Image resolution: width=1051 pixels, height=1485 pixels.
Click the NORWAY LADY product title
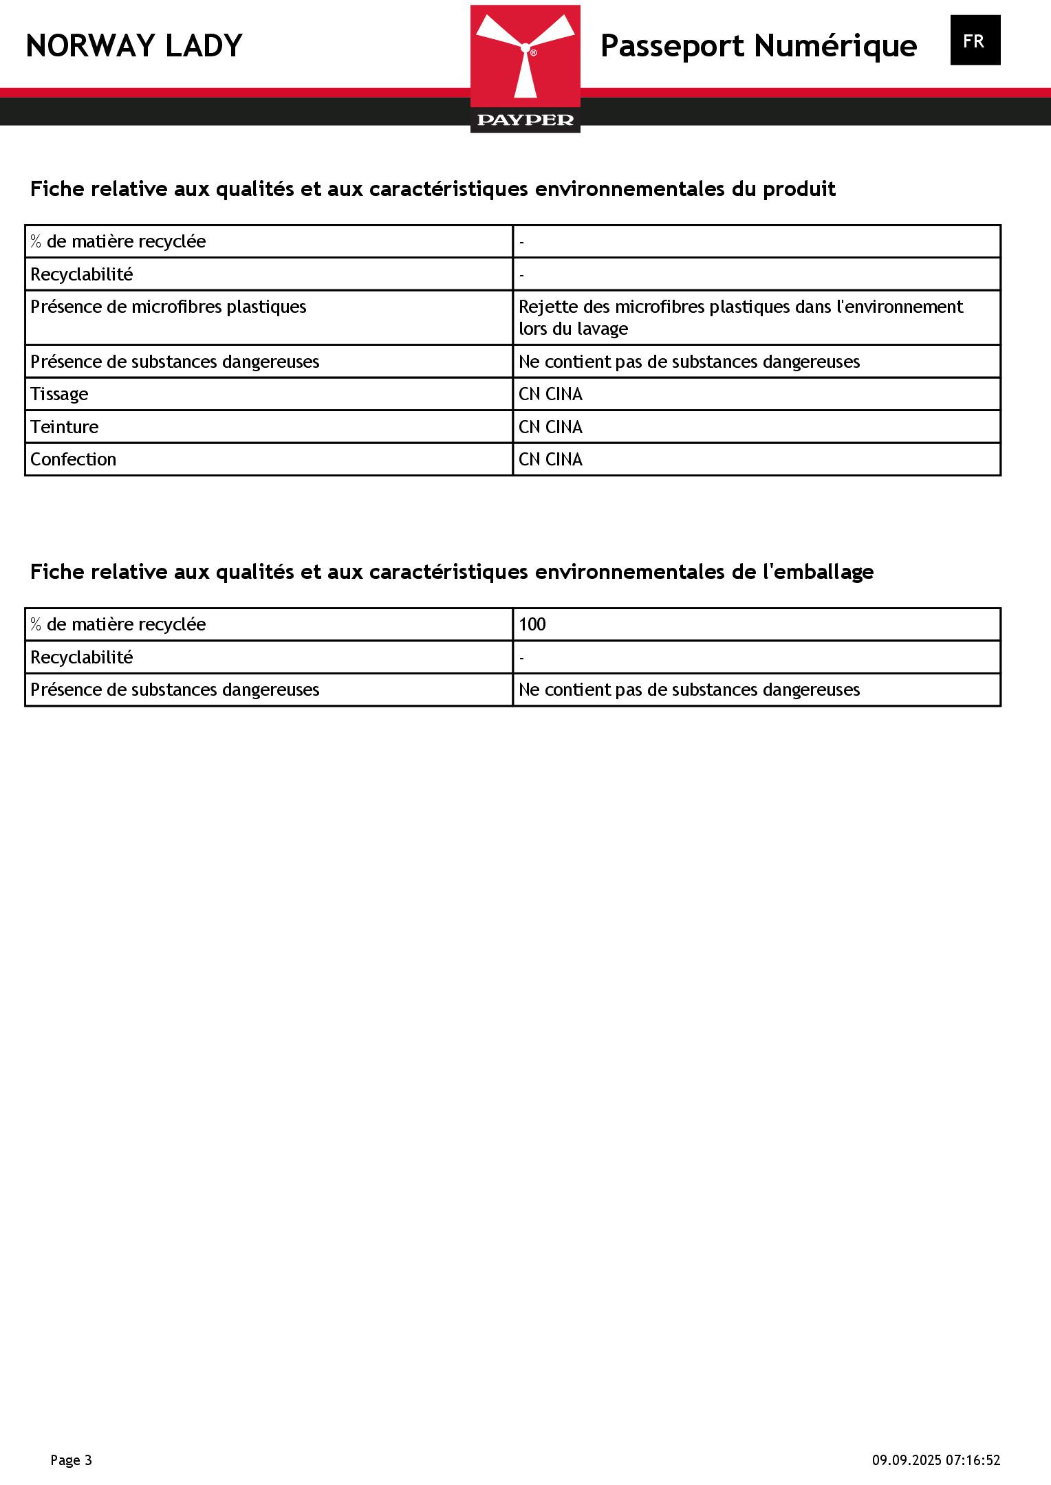[134, 46]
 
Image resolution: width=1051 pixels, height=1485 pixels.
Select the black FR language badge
[975, 41]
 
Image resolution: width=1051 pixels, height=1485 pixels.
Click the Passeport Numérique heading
[758, 46]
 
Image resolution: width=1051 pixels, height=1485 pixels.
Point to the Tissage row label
[59, 394]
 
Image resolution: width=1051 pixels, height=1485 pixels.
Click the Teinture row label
[65, 427]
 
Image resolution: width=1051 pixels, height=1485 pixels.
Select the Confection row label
[73, 459]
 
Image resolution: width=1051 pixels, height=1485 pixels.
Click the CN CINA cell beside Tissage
[550, 394]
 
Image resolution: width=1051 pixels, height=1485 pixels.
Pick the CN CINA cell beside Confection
[550, 459]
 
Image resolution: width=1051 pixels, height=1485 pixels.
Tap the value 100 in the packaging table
[532, 624]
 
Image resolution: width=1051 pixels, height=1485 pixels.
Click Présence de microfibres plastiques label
[169, 307]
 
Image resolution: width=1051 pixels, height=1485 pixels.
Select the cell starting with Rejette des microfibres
[740, 317]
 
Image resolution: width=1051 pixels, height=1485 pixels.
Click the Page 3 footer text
[71, 1460]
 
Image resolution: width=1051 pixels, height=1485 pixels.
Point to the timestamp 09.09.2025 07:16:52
[936, 1460]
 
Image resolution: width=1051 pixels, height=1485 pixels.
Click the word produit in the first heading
[799, 189]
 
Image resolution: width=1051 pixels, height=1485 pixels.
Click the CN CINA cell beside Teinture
[550, 427]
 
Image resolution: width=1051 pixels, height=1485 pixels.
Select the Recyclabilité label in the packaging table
[82, 657]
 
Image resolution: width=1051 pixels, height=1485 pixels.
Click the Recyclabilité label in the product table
[82, 274]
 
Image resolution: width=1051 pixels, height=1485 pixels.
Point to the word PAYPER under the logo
[525, 120]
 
